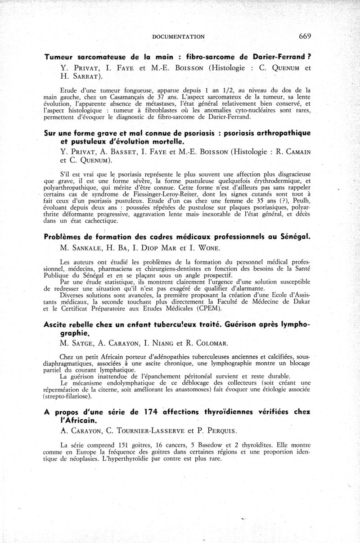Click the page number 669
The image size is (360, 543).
304,36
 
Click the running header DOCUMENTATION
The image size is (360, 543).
179,37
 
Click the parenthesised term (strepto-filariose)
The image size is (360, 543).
69,397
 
